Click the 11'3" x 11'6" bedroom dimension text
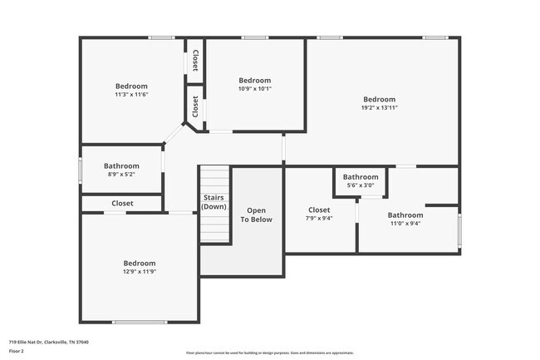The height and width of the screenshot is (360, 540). [x=131, y=96]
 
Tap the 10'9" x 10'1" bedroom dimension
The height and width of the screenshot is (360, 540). [x=255, y=89]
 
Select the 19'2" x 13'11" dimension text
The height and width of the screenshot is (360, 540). [x=379, y=107]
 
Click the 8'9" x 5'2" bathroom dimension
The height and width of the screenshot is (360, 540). [x=122, y=175]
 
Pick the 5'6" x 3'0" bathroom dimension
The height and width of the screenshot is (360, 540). [x=361, y=185]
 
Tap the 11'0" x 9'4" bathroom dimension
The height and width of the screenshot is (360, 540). [x=405, y=223]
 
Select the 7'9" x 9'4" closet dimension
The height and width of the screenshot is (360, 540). [x=319, y=218]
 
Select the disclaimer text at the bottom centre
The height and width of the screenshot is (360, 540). [x=269, y=353]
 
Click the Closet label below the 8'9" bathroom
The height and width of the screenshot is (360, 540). [x=122, y=203]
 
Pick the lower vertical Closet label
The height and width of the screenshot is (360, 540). [x=195, y=106]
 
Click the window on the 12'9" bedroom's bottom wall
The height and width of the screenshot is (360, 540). [x=140, y=322]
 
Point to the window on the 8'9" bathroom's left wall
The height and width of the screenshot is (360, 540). [x=81, y=170]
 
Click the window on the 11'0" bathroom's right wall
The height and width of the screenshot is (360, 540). [x=459, y=229]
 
